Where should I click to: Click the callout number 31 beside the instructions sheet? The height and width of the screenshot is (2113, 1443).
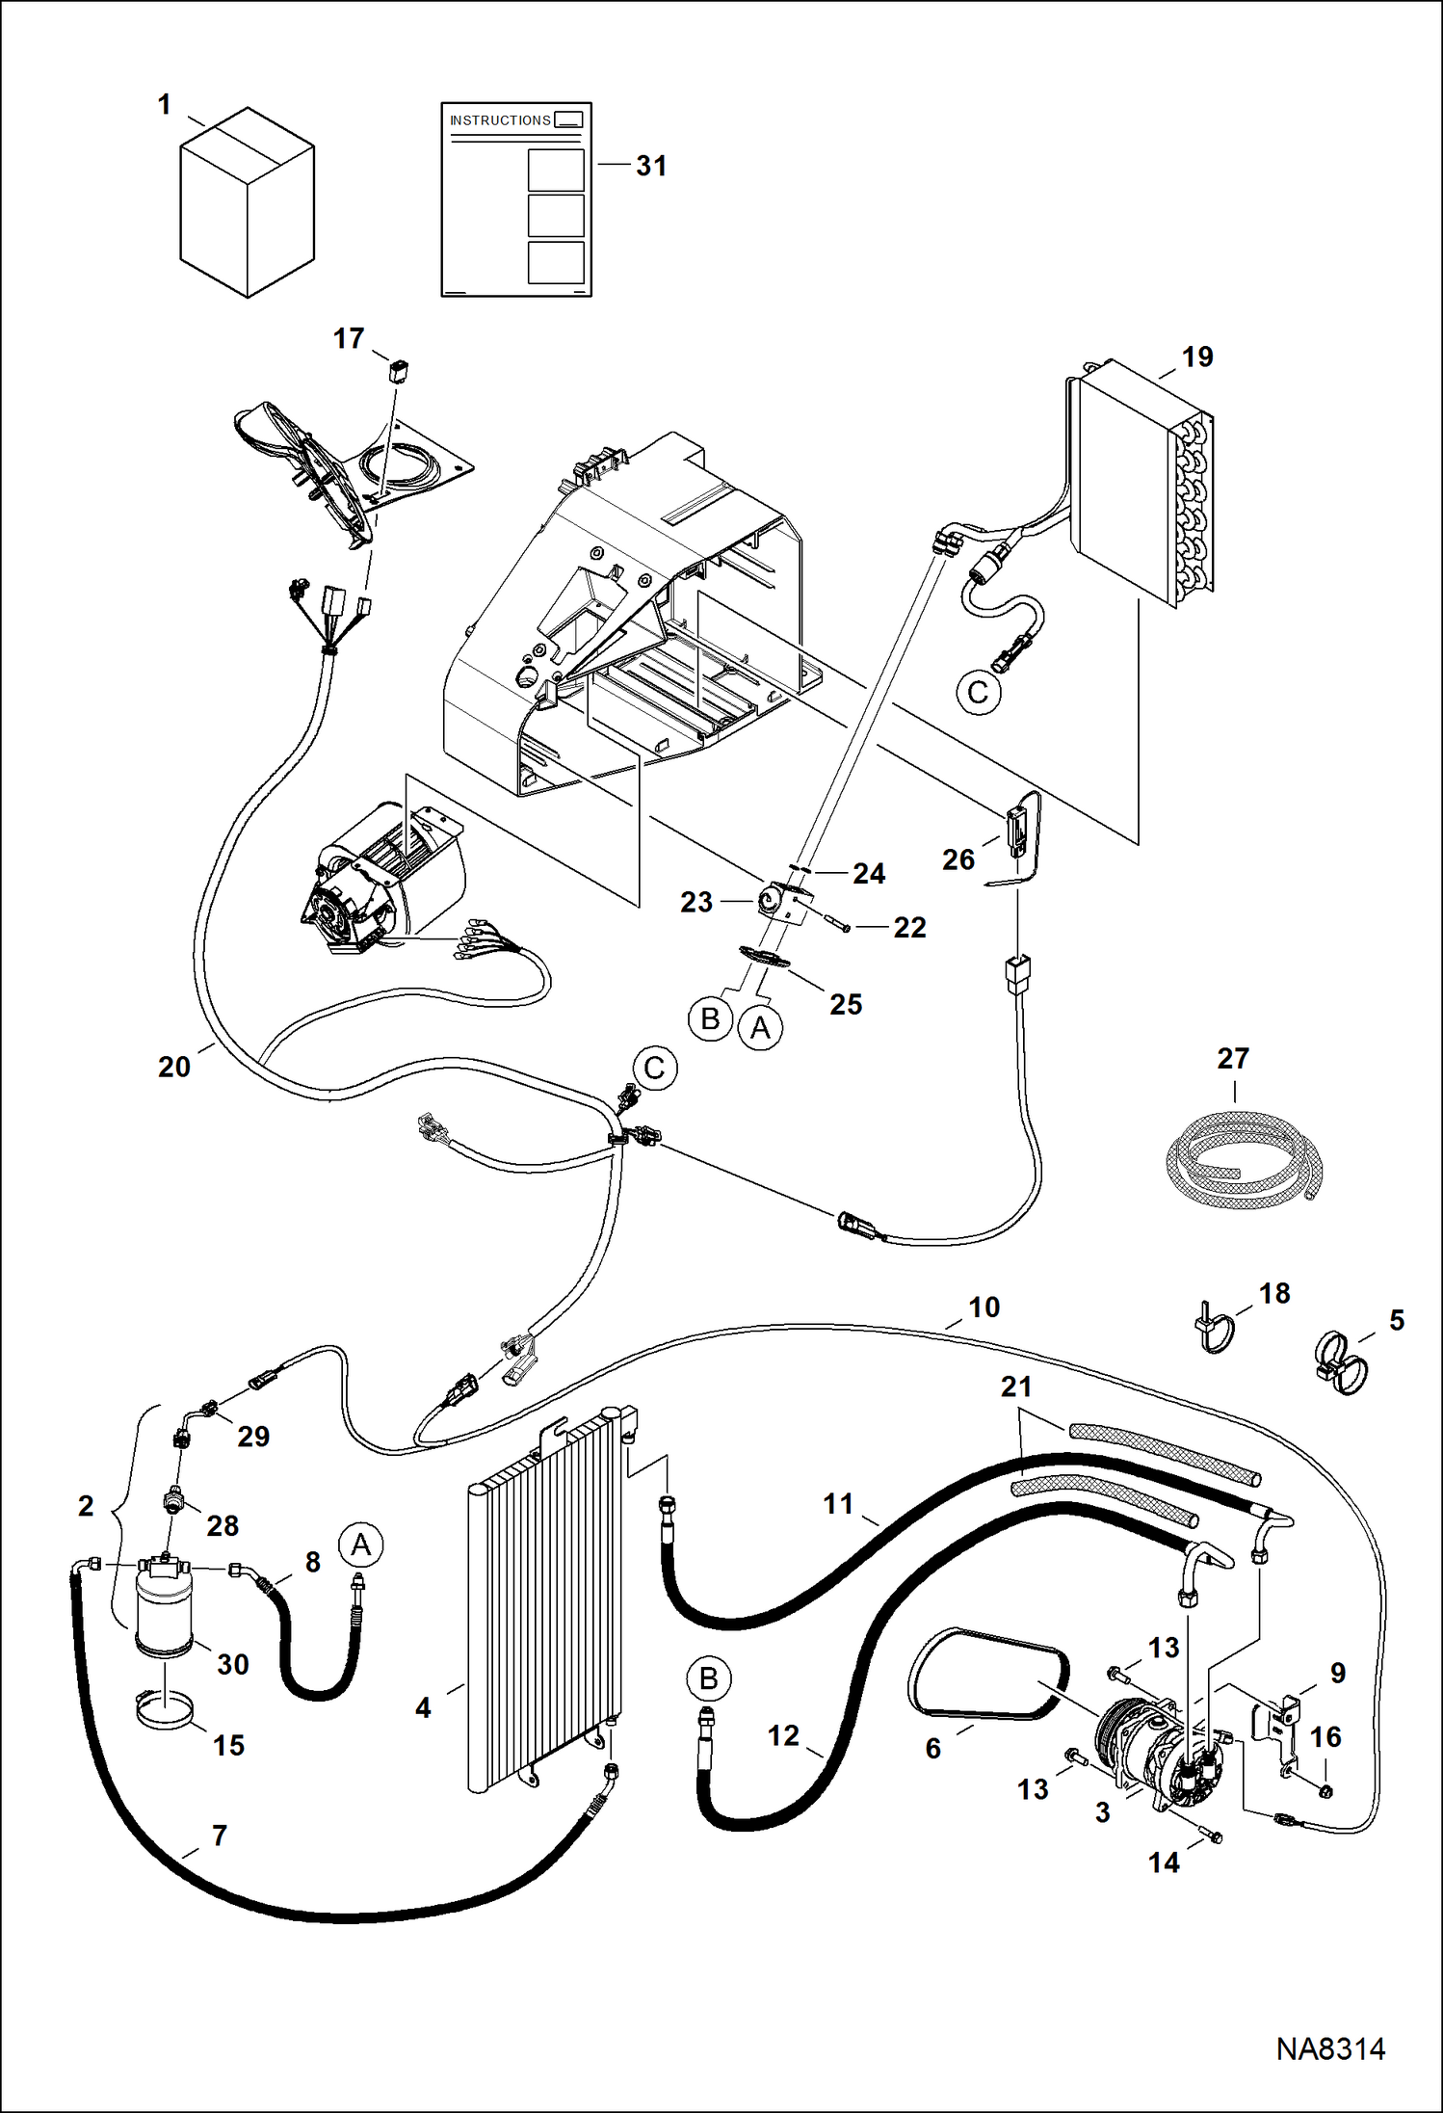pyautogui.click(x=651, y=166)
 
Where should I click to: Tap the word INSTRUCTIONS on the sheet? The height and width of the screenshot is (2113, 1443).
pyautogui.click(x=500, y=120)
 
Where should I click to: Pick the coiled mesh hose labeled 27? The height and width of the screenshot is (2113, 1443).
pyautogui.click(x=1243, y=1156)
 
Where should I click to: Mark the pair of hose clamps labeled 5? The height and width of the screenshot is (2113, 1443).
pyautogui.click(x=1341, y=1361)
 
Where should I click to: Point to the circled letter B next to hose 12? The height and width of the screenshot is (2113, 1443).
pyautogui.click(x=708, y=1679)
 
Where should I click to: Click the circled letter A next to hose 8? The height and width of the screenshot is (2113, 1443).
pyautogui.click(x=360, y=1545)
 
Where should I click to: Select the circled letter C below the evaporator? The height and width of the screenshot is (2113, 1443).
pyautogui.click(x=978, y=693)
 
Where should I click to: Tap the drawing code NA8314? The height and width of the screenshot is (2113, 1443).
pyautogui.click(x=1330, y=2048)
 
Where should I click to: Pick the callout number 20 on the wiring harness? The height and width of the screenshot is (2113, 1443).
pyautogui.click(x=174, y=1067)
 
